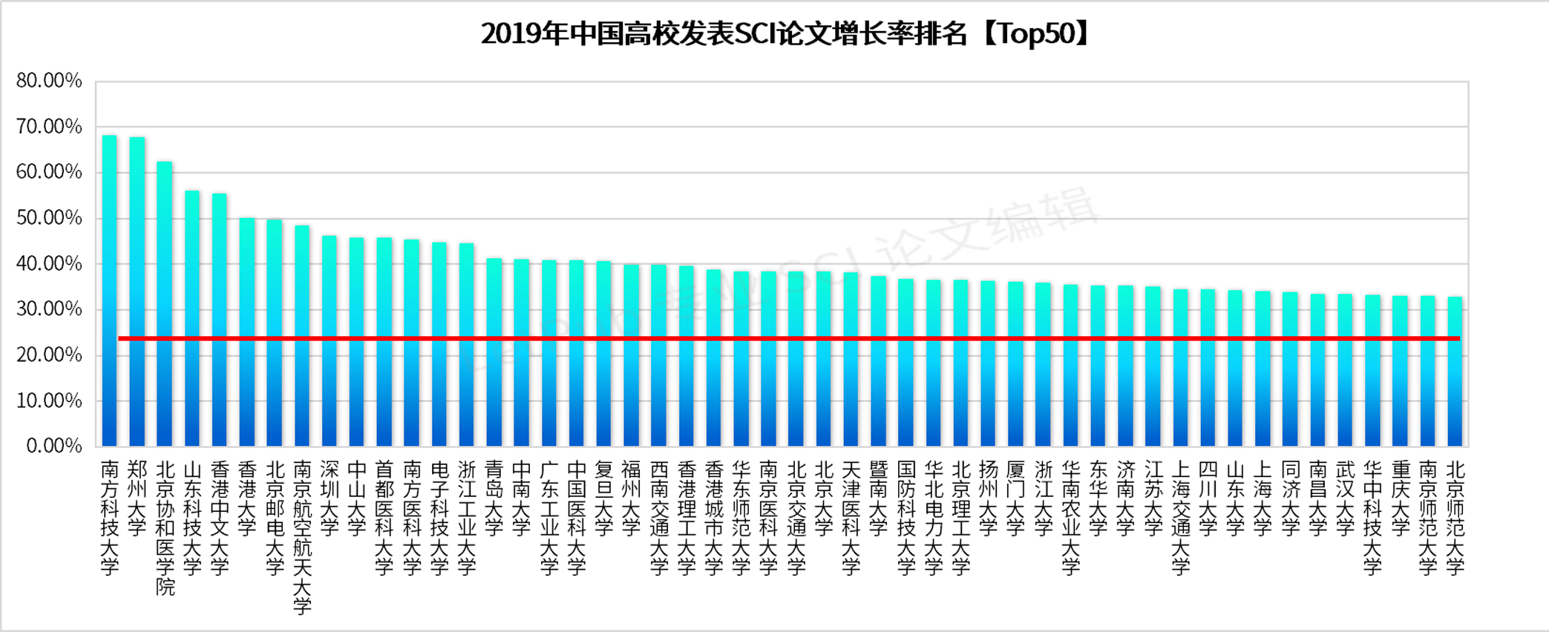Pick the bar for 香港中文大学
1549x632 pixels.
coord(219,320)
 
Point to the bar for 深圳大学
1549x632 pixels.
coord(329,341)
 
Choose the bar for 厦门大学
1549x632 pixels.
coord(1015,364)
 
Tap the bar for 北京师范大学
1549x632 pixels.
coord(1455,372)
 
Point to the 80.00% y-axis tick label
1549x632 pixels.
coord(49,81)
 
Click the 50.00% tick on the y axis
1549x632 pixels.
coord(49,218)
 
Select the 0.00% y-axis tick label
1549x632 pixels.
coord(53,446)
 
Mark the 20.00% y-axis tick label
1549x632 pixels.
coord(49,355)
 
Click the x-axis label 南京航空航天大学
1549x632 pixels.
coord(302,537)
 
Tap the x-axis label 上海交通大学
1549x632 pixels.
coord(1181,518)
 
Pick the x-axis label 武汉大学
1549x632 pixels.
coord(1345,498)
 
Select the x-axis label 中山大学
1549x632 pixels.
coord(356,498)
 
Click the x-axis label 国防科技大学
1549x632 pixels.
coord(906,518)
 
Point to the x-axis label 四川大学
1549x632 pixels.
coord(1208,498)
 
